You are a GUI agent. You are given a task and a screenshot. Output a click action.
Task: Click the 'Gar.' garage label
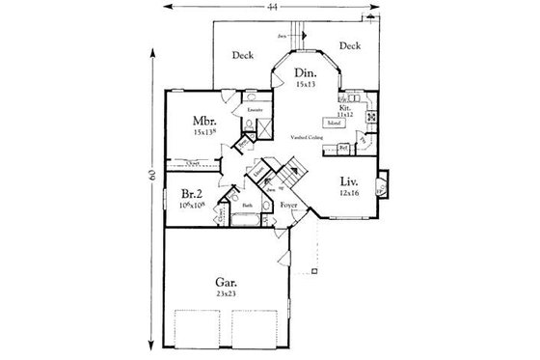point(228,283)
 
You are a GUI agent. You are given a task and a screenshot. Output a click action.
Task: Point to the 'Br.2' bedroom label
point(191,192)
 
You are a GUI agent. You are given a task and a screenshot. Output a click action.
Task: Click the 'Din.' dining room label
point(305,72)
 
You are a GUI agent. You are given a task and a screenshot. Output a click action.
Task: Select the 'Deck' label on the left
point(243,55)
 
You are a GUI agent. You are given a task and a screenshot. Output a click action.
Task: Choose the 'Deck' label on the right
point(350,45)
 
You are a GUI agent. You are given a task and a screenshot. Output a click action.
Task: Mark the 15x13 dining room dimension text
point(305,85)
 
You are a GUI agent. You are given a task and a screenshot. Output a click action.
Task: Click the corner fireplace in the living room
point(382,183)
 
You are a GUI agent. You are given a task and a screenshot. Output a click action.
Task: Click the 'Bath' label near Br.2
point(247,206)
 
